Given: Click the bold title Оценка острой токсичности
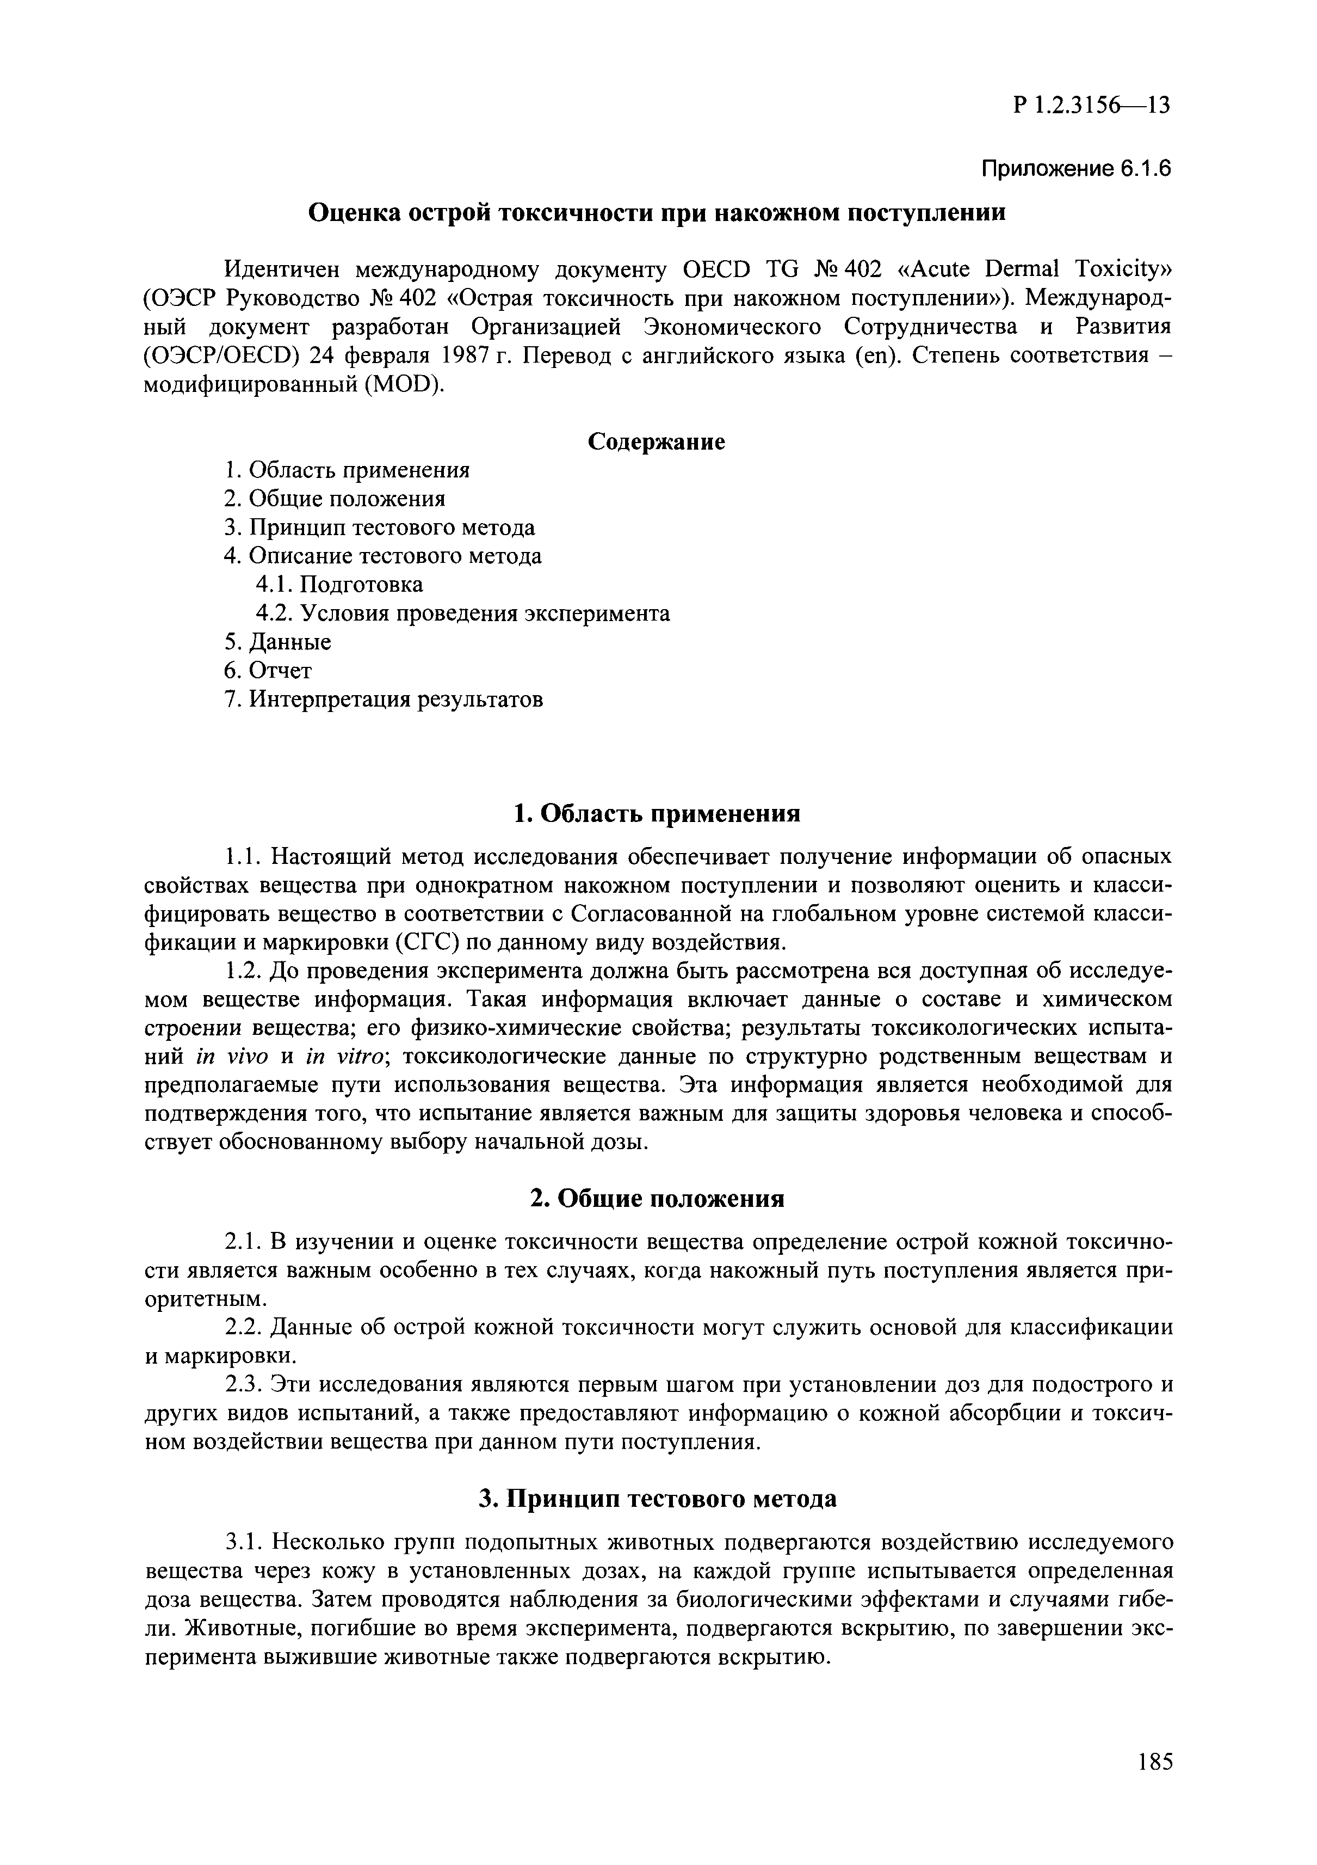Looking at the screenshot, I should click(656, 213).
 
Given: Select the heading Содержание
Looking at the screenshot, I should click(656, 442).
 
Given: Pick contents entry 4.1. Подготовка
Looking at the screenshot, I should click(339, 585).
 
